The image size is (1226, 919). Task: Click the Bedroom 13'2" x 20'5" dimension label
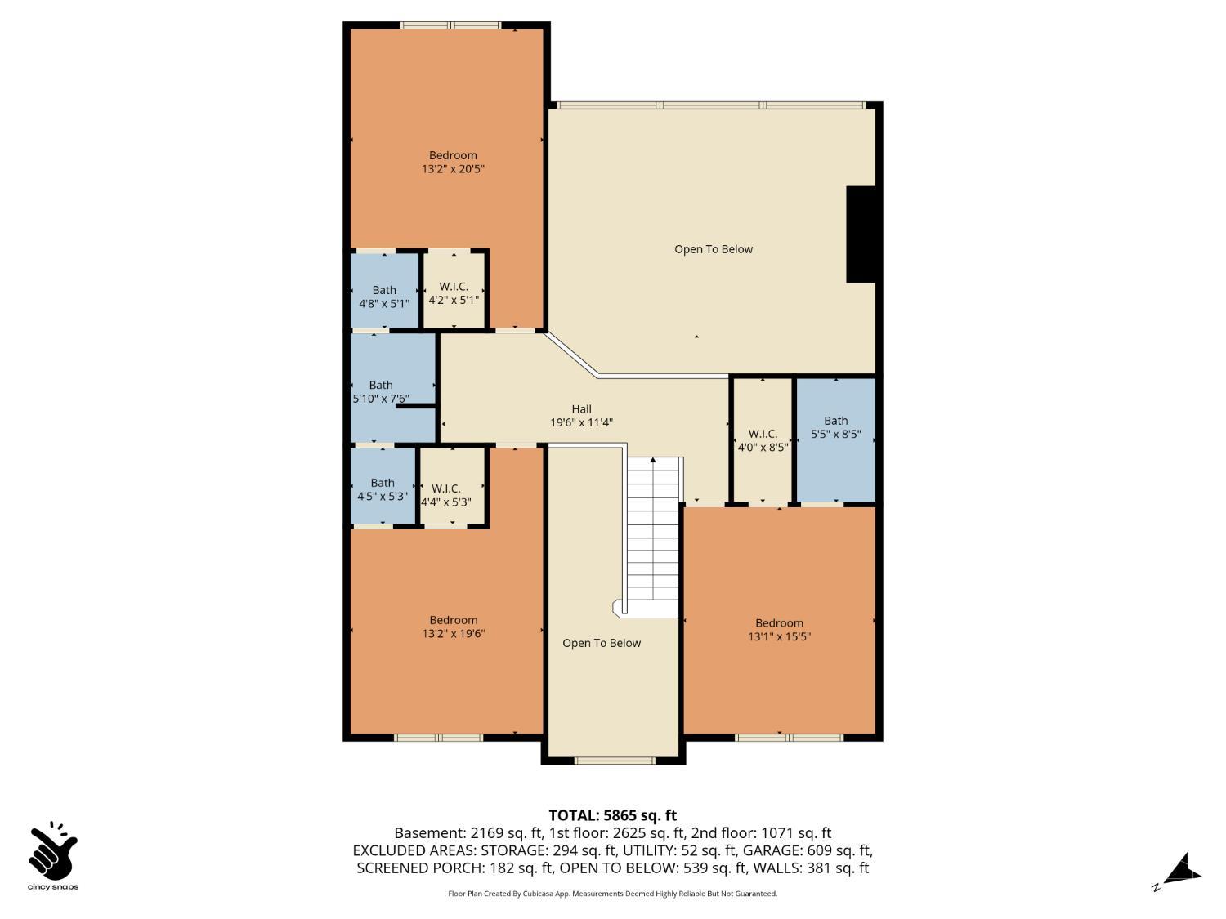[453, 169]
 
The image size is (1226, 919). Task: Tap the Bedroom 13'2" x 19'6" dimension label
[453, 633]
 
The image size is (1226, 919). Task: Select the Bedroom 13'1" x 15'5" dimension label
[779, 636]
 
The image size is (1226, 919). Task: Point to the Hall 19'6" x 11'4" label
[581, 416]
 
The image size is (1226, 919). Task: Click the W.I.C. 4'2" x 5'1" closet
[454, 292]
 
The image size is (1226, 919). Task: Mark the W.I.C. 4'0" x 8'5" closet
[762, 439]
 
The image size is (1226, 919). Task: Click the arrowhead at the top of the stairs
[653, 460]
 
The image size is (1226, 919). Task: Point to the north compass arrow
[1182, 871]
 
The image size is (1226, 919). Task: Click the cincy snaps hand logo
[53, 851]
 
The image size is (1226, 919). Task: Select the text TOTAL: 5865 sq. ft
[612, 815]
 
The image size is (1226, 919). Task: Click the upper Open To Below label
[713, 249]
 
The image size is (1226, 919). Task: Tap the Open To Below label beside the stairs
[601, 643]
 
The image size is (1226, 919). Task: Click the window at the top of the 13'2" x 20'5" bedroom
[450, 25]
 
